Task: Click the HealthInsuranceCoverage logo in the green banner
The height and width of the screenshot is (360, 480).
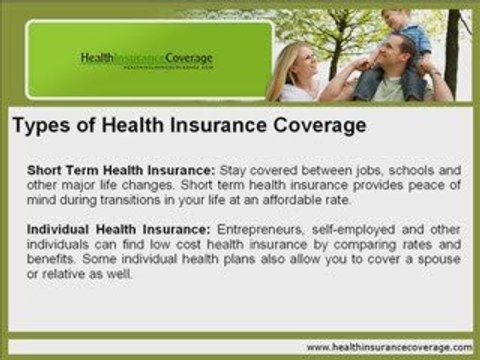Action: click(x=146, y=59)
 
